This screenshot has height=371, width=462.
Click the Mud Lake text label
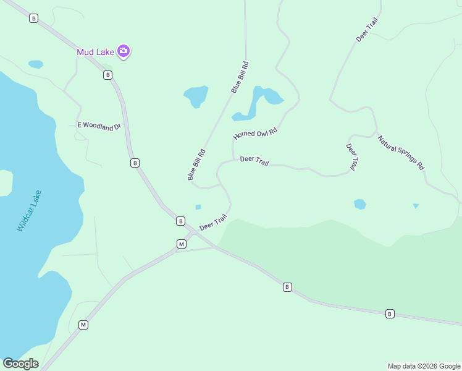[x=96, y=52]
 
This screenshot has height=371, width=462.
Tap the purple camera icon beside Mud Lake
[x=124, y=51]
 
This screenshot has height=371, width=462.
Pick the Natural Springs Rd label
[x=401, y=153]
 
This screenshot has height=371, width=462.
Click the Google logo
[x=20, y=364]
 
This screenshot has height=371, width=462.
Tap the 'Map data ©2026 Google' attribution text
[x=424, y=366]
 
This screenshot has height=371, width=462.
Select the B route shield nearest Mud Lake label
[x=108, y=75]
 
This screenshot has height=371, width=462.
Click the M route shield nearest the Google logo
[x=83, y=325]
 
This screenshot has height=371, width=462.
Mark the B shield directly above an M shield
[x=180, y=221]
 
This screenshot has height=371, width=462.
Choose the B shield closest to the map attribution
[x=390, y=314]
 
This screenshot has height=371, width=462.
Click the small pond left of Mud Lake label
[x=36, y=64]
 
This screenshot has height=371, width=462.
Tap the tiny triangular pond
[x=416, y=206]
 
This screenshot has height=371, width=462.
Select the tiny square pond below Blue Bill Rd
[x=198, y=207]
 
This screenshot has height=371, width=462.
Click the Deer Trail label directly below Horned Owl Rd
[x=254, y=160]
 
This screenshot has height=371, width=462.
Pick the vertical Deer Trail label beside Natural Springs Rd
[x=352, y=157]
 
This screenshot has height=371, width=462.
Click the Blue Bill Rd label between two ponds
[x=240, y=77]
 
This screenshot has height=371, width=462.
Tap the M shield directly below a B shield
[x=182, y=244]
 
